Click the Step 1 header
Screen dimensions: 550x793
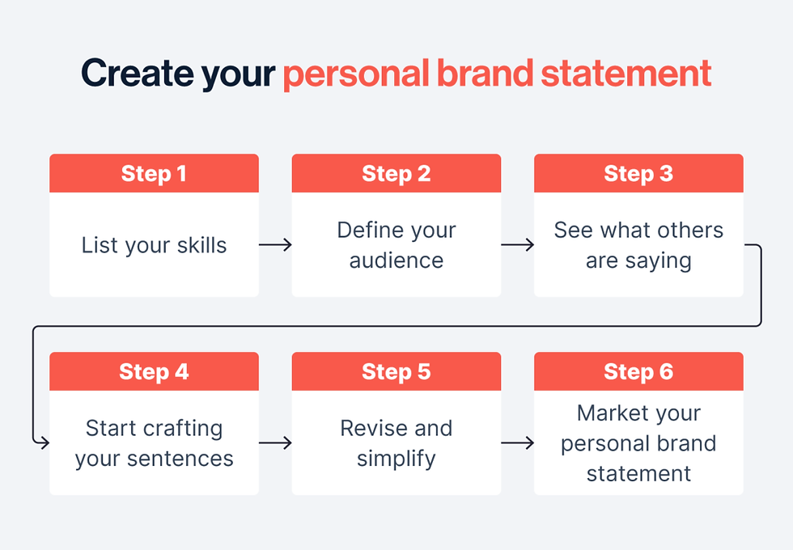click(154, 174)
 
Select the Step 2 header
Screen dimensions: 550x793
click(396, 174)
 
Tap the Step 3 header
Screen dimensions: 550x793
click(638, 174)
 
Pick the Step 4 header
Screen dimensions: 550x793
click(154, 372)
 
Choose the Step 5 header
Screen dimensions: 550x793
click(396, 372)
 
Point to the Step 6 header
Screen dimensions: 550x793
click(638, 372)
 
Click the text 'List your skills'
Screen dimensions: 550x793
click(154, 245)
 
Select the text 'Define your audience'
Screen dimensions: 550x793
click(396, 245)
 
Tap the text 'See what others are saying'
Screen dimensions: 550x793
click(638, 245)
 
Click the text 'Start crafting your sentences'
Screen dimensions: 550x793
click(154, 443)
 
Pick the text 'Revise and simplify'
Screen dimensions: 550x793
click(396, 443)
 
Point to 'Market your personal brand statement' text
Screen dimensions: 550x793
click(638, 443)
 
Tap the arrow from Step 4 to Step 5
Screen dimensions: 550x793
click(275, 443)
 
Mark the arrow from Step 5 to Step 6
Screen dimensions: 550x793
click(517, 443)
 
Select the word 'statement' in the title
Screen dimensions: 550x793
click(625, 74)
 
